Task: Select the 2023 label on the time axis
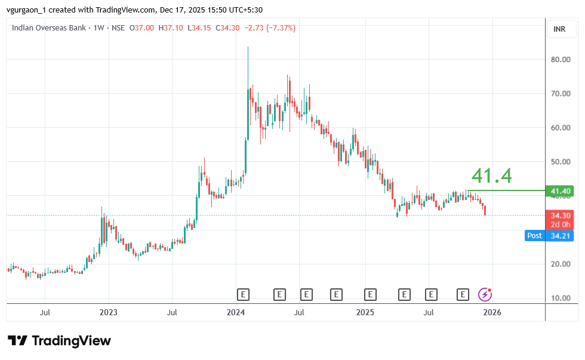click(x=108, y=312)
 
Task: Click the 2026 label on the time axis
click(x=492, y=312)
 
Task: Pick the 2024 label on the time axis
click(x=236, y=312)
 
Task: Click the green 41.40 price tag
click(x=562, y=191)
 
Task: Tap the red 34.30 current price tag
click(x=562, y=215)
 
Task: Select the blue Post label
click(x=534, y=236)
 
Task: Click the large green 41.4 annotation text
click(x=491, y=176)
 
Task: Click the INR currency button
click(x=559, y=29)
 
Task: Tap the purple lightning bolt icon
click(x=485, y=294)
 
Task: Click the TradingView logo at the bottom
click(x=59, y=341)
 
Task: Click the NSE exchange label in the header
click(x=119, y=28)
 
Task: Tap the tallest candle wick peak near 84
click(x=248, y=48)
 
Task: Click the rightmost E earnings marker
click(x=463, y=294)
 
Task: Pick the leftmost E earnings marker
click(x=242, y=294)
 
